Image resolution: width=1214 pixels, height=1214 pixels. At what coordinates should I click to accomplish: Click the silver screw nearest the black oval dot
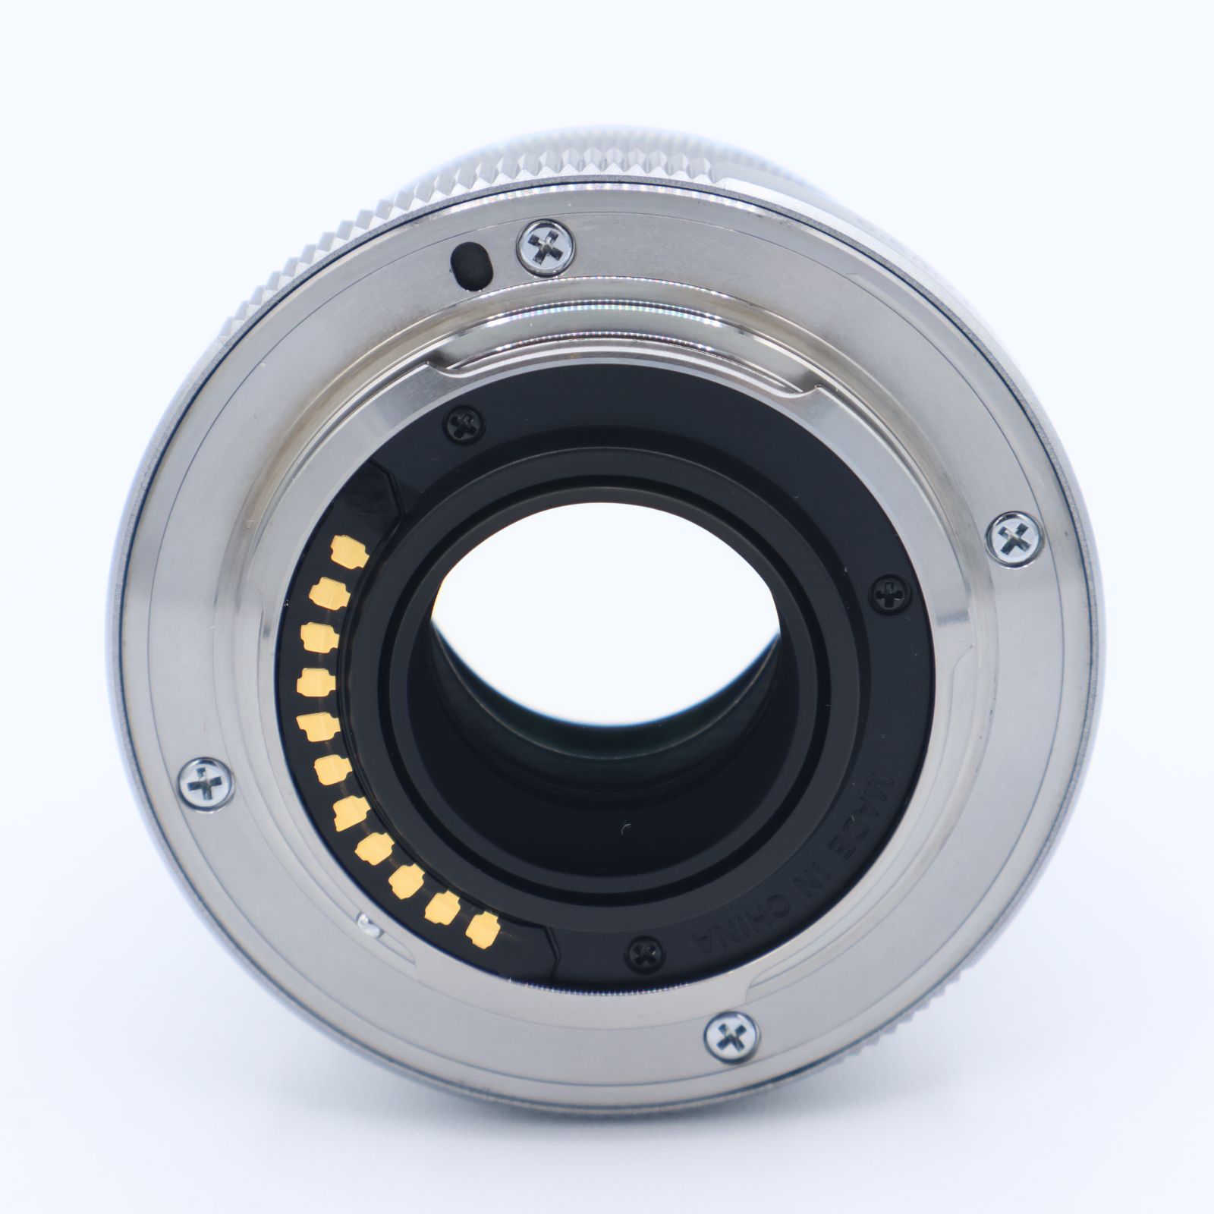coord(546,245)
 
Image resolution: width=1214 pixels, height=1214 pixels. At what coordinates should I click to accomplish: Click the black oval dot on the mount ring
coord(470,265)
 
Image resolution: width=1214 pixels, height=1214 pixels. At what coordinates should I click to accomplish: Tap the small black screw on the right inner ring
coord(888,588)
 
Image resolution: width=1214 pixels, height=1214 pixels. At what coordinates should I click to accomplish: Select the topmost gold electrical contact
coord(351,550)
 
